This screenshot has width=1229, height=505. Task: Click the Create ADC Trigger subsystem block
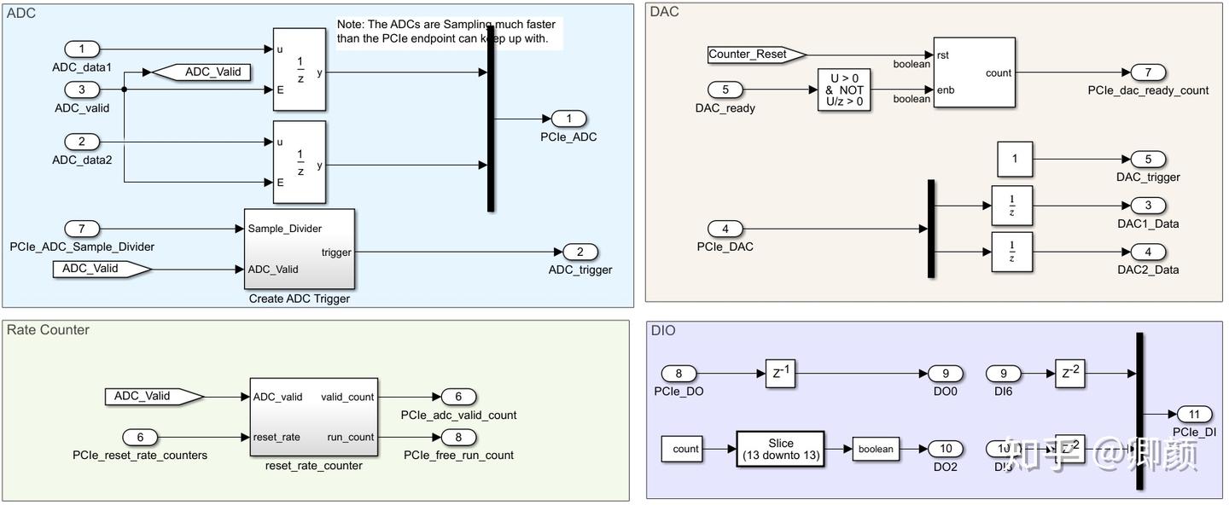pyautogui.click(x=299, y=249)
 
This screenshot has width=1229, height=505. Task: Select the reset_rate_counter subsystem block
pyautogui.click(x=313, y=417)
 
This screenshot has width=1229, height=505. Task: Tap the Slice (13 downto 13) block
pyautogui.click(x=780, y=449)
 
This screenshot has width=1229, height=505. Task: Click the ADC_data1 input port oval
pyautogui.click(x=82, y=49)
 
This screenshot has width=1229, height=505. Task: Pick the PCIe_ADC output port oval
pyautogui.click(x=568, y=119)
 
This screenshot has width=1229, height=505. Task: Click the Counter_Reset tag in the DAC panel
pyautogui.click(x=756, y=55)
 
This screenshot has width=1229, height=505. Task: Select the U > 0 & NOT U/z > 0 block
pyautogui.click(x=845, y=90)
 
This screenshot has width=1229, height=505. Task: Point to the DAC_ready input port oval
pyautogui.click(x=725, y=90)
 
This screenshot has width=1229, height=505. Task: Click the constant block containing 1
pyautogui.click(x=1015, y=160)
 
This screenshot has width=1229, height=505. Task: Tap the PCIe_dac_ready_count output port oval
pyautogui.click(x=1148, y=73)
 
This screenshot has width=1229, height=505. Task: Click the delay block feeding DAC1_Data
pyautogui.click(x=1011, y=206)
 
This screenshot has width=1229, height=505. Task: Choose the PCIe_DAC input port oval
pyautogui.click(x=725, y=229)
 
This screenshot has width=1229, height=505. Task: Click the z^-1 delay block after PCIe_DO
pyautogui.click(x=780, y=374)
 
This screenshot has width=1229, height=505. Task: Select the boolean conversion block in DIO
pyautogui.click(x=876, y=449)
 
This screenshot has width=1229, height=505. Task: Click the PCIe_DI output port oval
pyautogui.click(x=1194, y=415)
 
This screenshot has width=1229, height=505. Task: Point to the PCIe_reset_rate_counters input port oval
pyautogui.click(x=140, y=438)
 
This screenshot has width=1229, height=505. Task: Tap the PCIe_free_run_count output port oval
pyautogui.click(x=458, y=438)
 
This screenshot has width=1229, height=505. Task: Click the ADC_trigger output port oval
pyautogui.click(x=580, y=252)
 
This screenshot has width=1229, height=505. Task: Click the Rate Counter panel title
pyautogui.click(x=48, y=330)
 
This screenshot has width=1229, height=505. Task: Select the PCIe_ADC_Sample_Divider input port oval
pyautogui.click(x=82, y=229)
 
